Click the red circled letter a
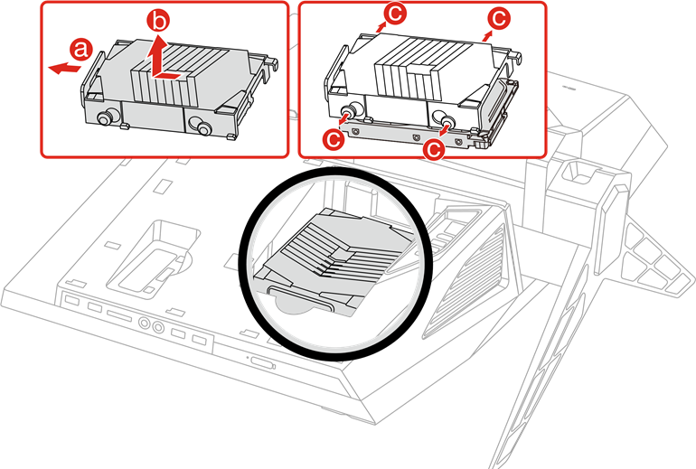tap(80, 49)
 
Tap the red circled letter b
tap(158, 21)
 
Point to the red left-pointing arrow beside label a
tap(64, 69)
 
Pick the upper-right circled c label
tap(499, 19)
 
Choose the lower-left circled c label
tap(334, 138)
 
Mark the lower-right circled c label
tap(433, 148)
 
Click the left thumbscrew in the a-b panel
tap(105, 118)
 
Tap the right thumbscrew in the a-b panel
tap(203, 127)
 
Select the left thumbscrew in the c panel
tap(353, 110)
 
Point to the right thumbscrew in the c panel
tap(446, 119)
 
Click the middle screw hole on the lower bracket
tap(416, 138)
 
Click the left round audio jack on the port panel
tap(145, 323)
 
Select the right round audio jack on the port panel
tap(158, 326)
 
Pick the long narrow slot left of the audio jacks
tap(119, 316)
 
